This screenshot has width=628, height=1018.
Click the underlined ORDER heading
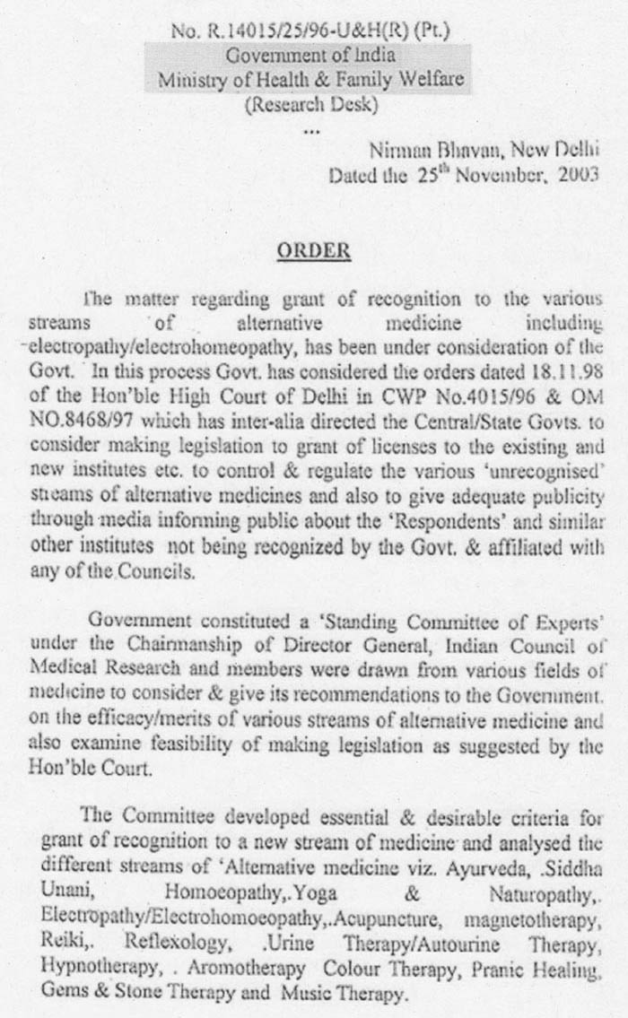tap(313, 251)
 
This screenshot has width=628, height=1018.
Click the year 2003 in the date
tap(577, 174)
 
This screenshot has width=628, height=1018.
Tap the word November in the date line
tap(489, 174)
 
